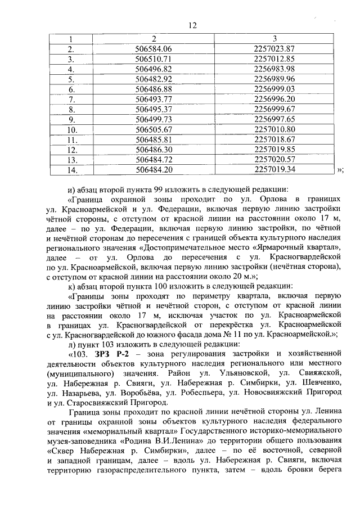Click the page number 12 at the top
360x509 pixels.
tap(193, 26)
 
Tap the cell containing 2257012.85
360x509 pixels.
tap(274, 59)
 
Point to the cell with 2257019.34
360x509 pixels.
tap(274, 169)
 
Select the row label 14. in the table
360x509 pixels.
tap(71, 169)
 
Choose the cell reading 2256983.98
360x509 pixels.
tap(274, 69)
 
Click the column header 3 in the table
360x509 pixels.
tap(274, 39)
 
